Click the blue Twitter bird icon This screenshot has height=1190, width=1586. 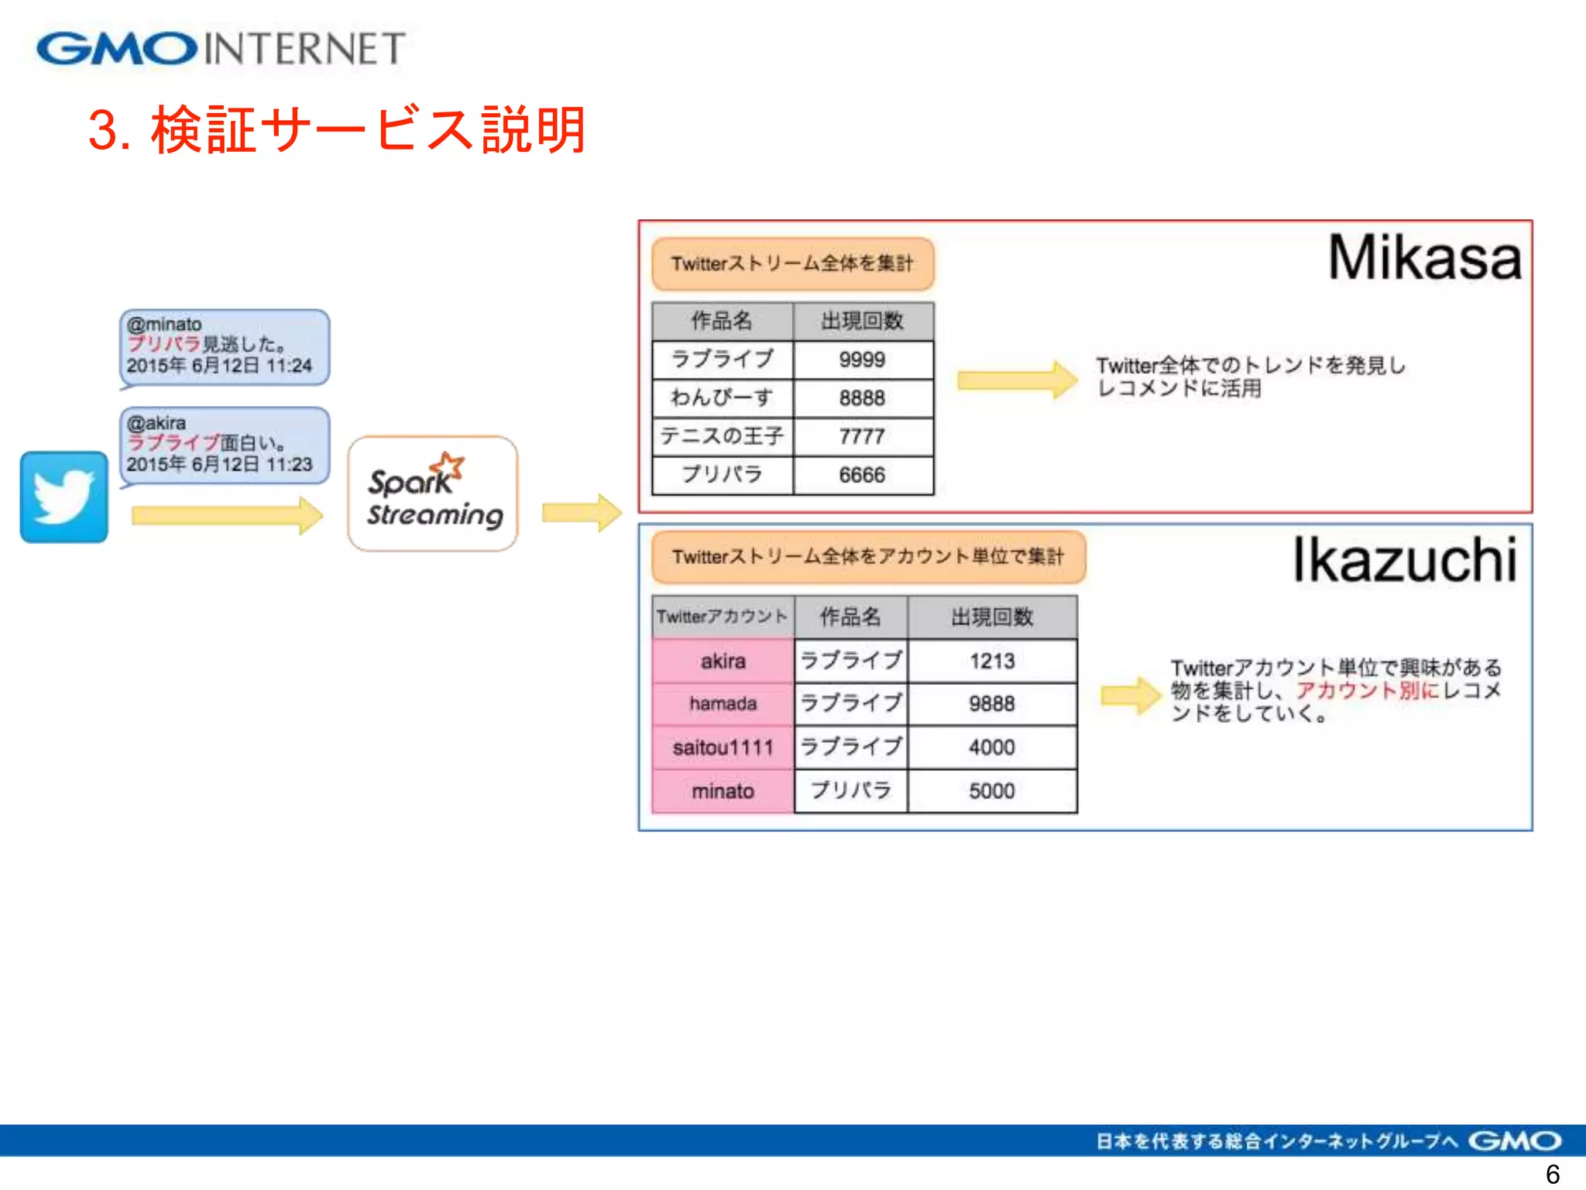tap(64, 497)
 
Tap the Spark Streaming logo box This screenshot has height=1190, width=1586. tap(433, 494)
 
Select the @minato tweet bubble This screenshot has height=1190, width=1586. tap(224, 346)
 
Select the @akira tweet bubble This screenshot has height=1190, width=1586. tap(224, 445)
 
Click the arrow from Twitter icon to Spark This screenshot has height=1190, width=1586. tap(226, 516)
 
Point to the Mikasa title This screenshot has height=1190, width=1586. tap(1424, 258)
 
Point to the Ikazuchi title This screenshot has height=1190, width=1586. tap(1404, 559)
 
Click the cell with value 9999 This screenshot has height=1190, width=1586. tap(863, 359)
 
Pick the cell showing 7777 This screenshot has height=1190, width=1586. tap(863, 436)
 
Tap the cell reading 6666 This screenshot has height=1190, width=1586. tap(863, 474)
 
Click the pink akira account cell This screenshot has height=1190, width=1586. tap(723, 661)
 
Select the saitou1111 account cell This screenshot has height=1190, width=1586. tap(723, 748)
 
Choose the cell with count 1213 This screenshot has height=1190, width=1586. tap(992, 661)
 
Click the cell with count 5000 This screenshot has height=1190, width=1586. tap(992, 791)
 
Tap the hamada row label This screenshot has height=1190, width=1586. tap(723, 703)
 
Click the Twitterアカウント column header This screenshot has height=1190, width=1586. tap(723, 617)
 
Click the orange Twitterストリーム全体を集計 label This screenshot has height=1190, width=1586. tap(792, 263)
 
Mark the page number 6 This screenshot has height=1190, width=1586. tap(1552, 1174)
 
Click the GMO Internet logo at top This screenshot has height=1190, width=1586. tap(221, 49)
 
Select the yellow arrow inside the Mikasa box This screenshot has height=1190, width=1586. tap(1017, 380)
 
